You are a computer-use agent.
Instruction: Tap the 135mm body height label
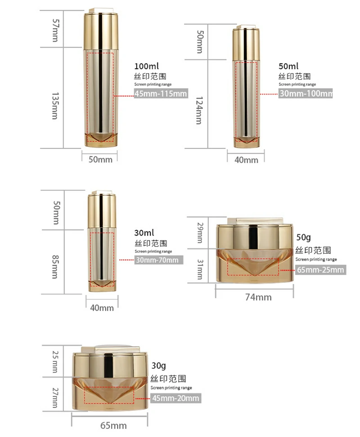[55, 106]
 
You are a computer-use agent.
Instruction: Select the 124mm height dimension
[199, 110]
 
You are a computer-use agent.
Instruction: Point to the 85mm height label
[55, 267]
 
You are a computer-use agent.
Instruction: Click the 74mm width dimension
[258, 297]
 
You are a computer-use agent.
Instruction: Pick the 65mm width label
[113, 426]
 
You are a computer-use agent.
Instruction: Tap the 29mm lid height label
[200, 233]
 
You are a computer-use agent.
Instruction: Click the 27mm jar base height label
[55, 398]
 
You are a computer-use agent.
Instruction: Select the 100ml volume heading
[146, 67]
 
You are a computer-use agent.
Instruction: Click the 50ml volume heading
[288, 67]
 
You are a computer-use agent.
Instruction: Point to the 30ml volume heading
[144, 233]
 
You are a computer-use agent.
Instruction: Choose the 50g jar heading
[303, 237]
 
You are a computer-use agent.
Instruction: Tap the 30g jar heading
[159, 366]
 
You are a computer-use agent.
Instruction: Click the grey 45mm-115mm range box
[161, 94]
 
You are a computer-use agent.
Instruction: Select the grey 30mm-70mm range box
[159, 260]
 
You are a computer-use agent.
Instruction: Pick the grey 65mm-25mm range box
[321, 270]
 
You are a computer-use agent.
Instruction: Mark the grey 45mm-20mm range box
[175, 398]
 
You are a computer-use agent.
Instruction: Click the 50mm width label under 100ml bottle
[100, 160]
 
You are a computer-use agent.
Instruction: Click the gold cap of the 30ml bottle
[102, 210]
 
